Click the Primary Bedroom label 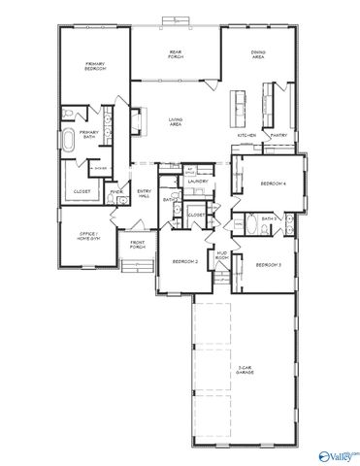click(93, 67)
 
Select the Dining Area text click(258, 55)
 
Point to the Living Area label click(176, 121)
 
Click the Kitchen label click(246, 135)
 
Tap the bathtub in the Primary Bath click(70, 142)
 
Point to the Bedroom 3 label click(269, 264)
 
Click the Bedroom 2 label click(185, 262)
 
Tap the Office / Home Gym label click(87, 235)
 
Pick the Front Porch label click(138, 244)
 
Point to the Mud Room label click(222, 256)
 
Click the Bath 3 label click(269, 219)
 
